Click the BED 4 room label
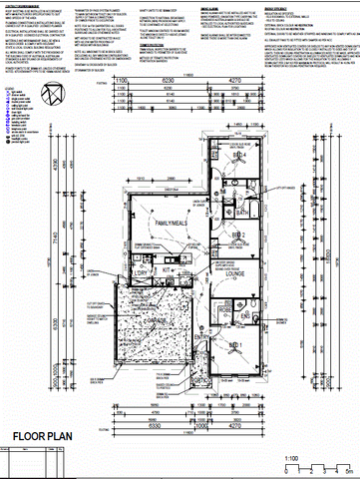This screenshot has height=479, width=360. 238,158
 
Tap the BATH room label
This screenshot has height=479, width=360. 242,213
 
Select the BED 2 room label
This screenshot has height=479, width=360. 239,236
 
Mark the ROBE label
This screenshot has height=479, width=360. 223,310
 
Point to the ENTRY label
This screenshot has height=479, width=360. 203,338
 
